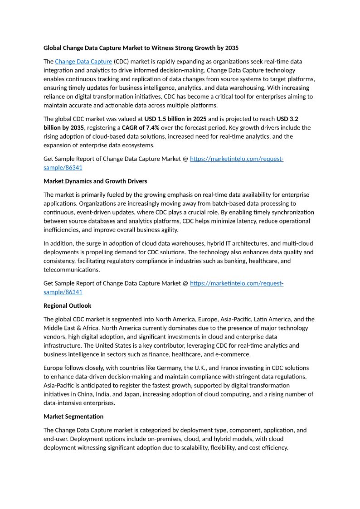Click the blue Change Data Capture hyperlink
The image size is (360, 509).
(83, 61)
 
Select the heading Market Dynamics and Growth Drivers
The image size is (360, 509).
(95, 181)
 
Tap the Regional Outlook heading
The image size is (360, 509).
(67, 305)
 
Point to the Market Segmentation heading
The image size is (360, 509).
(73, 416)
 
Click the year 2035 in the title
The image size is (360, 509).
(230, 48)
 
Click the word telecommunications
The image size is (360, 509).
(71, 270)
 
